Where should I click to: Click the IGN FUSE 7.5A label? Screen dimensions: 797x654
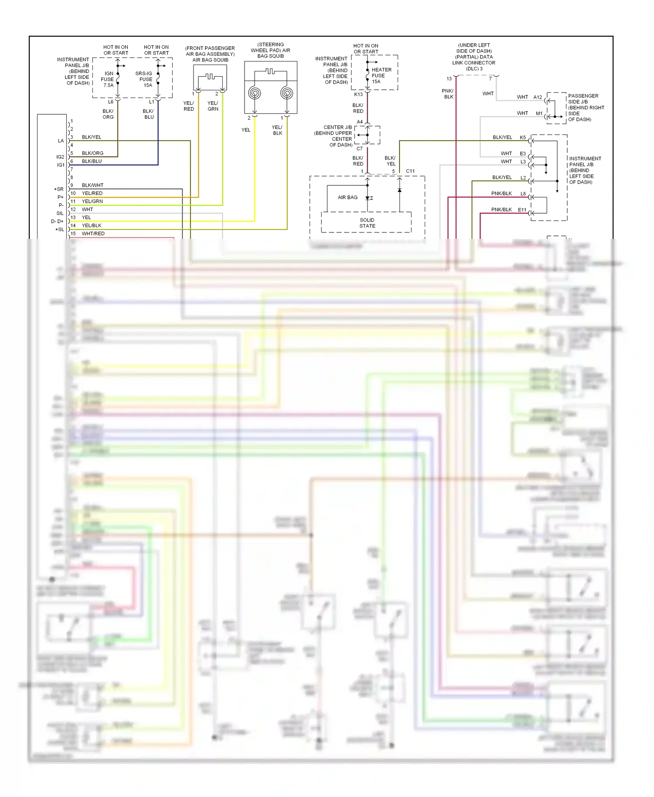[108, 79]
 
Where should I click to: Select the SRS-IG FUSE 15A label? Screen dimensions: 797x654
[144, 79]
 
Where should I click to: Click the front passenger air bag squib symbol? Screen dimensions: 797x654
[210, 78]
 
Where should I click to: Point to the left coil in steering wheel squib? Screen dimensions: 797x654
[255, 93]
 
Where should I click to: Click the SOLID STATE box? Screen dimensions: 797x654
[367, 223]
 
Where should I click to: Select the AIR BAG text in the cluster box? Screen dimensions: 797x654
[347, 198]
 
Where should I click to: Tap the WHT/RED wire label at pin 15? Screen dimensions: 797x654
[93, 234]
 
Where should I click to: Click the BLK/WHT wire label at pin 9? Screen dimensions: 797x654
[92, 185]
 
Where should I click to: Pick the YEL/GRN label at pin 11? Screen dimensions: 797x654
[92, 201]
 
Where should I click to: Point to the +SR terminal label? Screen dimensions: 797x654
[59, 189]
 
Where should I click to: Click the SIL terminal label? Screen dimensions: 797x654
[60, 213]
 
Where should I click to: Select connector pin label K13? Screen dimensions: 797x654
[358, 94]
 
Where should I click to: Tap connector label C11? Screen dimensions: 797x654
[410, 171]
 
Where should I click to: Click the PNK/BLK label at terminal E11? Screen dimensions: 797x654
[501, 210]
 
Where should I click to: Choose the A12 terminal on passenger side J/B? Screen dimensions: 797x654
[538, 97]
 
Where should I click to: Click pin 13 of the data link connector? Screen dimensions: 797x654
[449, 79]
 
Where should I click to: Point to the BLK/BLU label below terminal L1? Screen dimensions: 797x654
[148, 114]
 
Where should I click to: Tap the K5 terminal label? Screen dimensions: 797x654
[523, 137]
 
